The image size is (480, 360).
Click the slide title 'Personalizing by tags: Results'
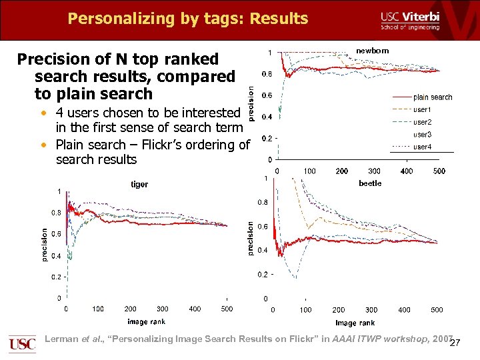point(187,18)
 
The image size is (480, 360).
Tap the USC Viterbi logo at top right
point(409,21)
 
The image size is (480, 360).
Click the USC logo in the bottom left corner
point(22,344)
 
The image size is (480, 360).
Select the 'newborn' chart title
point(372,51)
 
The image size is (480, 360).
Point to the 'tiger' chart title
point(139,184)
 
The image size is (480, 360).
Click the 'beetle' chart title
point(370,183)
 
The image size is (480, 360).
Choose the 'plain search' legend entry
point(432,97)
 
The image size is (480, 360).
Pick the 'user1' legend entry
point(422,109)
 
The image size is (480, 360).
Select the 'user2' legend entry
point(422,122)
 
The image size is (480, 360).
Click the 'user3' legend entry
point(422,135)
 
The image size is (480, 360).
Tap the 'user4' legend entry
point(422,147)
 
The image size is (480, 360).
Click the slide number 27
point(455,343)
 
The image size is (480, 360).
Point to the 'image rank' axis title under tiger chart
point(147,321)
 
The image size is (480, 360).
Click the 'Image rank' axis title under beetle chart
point(355,323)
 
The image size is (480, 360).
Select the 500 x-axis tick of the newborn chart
point(439,171)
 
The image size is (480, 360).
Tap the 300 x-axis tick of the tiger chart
point(162,309)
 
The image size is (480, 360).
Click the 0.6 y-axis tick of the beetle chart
point(263,226)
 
